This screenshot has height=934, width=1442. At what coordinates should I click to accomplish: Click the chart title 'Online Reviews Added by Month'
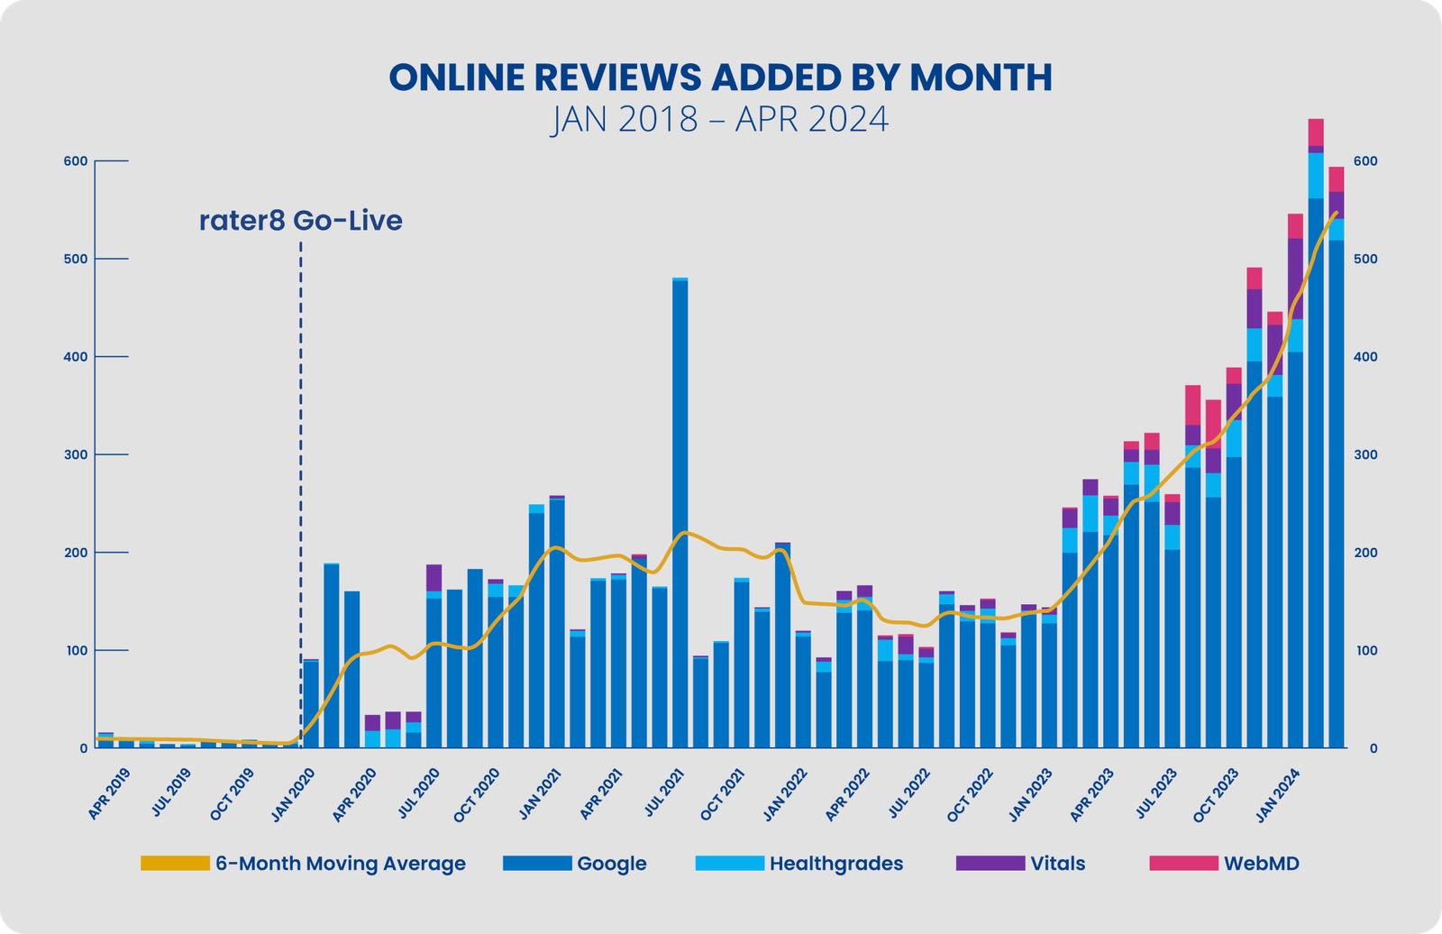[x=720, y=78]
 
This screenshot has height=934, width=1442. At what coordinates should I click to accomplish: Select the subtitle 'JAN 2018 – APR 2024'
[x=720, y=119]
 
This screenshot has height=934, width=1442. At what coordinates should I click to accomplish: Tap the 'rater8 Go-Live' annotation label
[x=300, y=221]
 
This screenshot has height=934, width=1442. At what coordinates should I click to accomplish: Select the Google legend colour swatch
[x=537, y=864]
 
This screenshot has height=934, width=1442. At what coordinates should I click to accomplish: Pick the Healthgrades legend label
[x=835, y=864]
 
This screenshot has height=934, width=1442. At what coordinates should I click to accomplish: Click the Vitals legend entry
[x=1057, y=864]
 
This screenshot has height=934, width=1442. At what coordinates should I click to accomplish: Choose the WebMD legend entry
[x=1261, y=864]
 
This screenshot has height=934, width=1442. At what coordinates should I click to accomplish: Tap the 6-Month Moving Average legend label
[x=340, y=864]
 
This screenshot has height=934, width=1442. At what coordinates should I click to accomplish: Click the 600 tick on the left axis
[x=76, y=161]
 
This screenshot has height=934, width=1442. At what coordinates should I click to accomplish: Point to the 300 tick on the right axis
[x=1365, y=454]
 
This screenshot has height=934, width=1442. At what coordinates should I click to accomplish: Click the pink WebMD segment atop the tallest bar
[x=1316, y=132]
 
